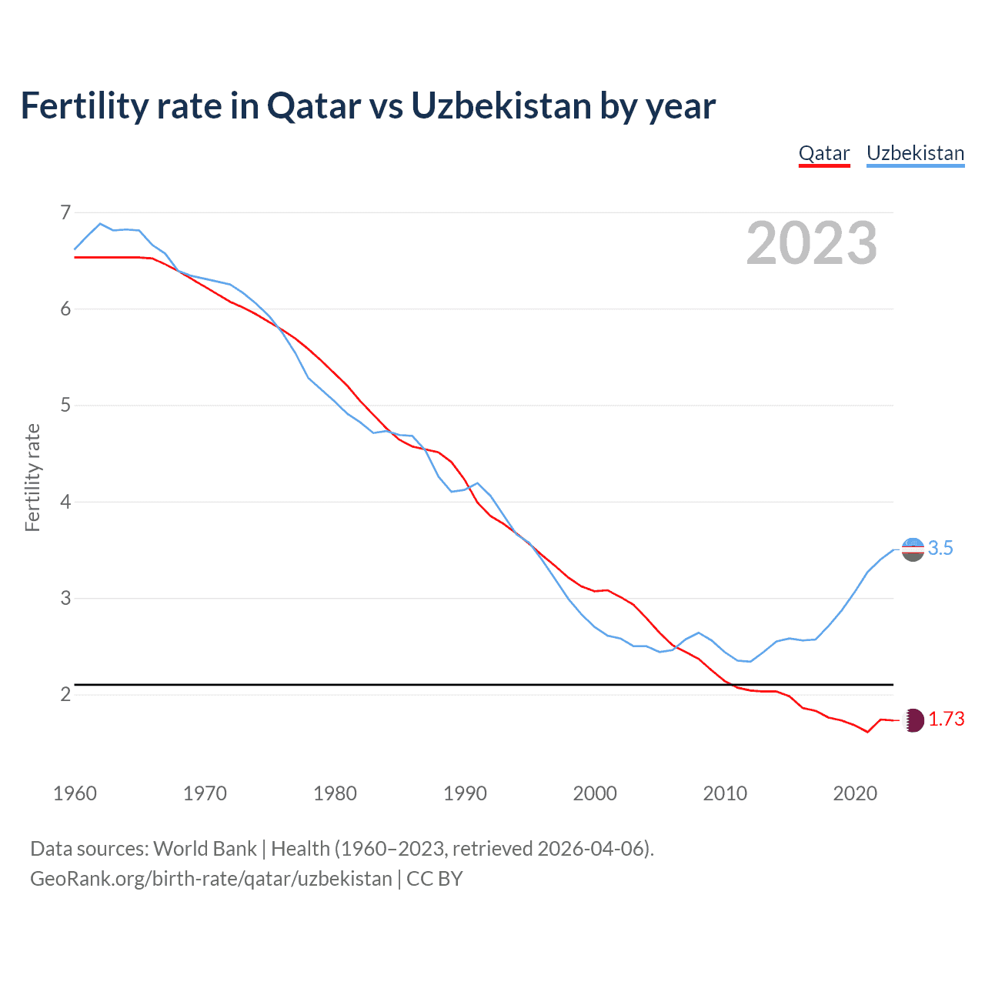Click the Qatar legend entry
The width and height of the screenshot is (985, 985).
point(823,153)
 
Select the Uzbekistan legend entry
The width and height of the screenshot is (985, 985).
point(915,153)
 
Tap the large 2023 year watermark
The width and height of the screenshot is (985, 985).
point(811,243)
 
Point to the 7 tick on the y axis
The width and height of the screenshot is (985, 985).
point(65,212)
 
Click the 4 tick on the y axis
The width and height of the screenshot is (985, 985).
point(65,502)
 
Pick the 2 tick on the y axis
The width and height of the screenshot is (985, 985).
point(65,694)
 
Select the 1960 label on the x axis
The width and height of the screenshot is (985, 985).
point(75,793)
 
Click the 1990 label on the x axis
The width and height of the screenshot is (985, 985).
point(465,793)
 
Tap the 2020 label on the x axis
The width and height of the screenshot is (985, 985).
point(855,793)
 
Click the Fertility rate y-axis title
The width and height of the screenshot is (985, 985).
point(32,477)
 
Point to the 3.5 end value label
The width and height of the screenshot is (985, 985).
point(940,548)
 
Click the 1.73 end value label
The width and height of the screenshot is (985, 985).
point(946,719)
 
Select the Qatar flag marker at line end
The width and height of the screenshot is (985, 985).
point(913,720)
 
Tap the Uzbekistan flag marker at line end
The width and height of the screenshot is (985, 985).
point(913,549)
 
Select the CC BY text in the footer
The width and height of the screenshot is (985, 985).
point(434,879)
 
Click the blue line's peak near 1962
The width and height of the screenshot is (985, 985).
point(100,223)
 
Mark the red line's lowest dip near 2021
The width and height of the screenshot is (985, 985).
point(867,732)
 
